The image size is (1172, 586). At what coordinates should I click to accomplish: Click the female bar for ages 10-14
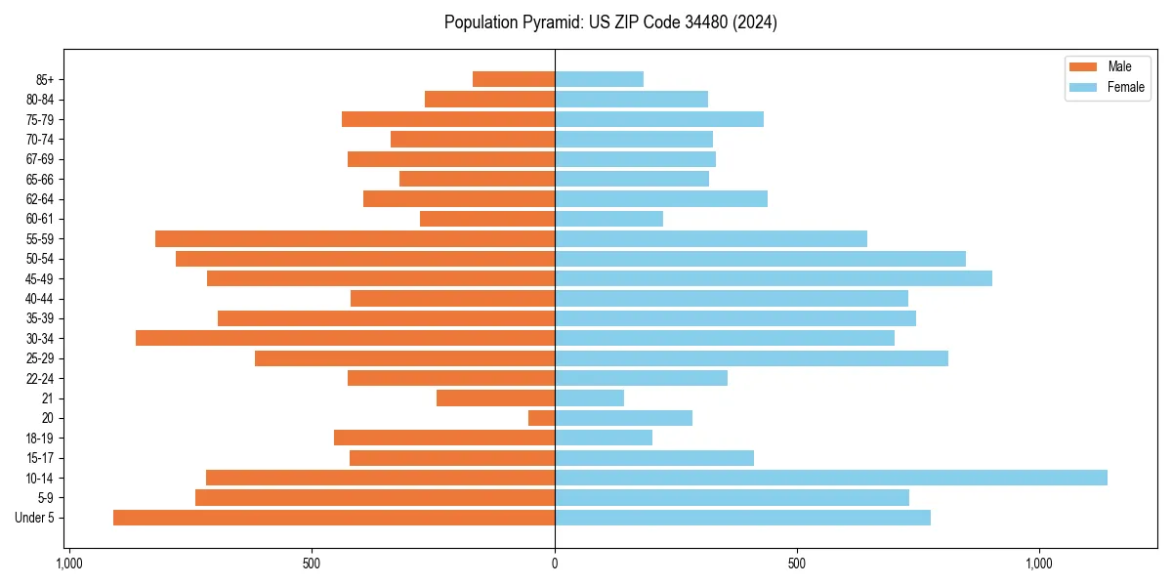830,478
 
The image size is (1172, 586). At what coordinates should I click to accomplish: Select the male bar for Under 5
334,518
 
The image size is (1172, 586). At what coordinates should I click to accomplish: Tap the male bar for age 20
542,418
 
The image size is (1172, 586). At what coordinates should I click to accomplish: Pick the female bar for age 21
589,398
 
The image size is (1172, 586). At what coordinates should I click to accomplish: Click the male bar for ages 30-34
345,338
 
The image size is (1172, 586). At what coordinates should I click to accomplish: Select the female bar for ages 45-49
773,278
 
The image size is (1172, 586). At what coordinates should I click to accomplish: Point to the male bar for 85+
514,79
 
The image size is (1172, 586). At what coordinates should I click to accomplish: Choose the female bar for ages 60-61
608,219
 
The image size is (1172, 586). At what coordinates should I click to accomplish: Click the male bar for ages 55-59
355,238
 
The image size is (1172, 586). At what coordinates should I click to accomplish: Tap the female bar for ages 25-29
751,358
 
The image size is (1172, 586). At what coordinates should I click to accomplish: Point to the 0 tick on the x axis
555,564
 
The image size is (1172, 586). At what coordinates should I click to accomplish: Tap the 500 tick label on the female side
797,564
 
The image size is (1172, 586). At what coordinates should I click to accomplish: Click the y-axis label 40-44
40,299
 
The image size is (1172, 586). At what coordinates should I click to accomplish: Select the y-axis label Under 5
35,518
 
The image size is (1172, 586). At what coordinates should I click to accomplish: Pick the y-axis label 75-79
40,119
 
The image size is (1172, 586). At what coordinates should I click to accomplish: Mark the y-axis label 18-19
40,439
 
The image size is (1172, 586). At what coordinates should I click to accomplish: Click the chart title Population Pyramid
610,22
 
